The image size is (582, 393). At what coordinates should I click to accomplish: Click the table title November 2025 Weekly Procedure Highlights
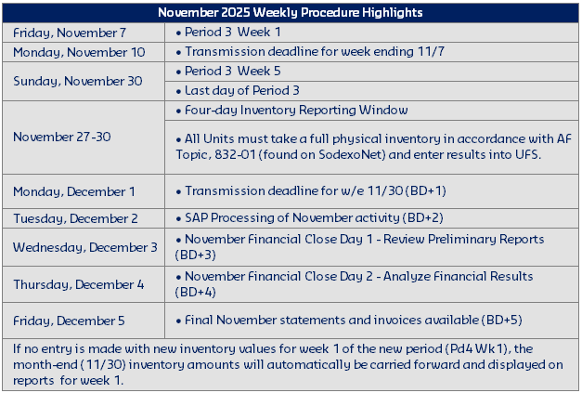(x=291, y=13)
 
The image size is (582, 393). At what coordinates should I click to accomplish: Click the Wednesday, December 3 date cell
(x=85, y=246)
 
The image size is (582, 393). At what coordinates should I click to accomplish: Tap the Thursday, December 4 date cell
(x=79, y=283)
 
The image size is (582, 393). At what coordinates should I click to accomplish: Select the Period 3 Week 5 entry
(x=234, y=71)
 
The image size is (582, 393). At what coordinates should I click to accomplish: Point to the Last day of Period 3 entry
(x=241, y=90)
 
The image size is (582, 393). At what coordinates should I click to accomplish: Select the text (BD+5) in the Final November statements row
(x=501, y=321)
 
